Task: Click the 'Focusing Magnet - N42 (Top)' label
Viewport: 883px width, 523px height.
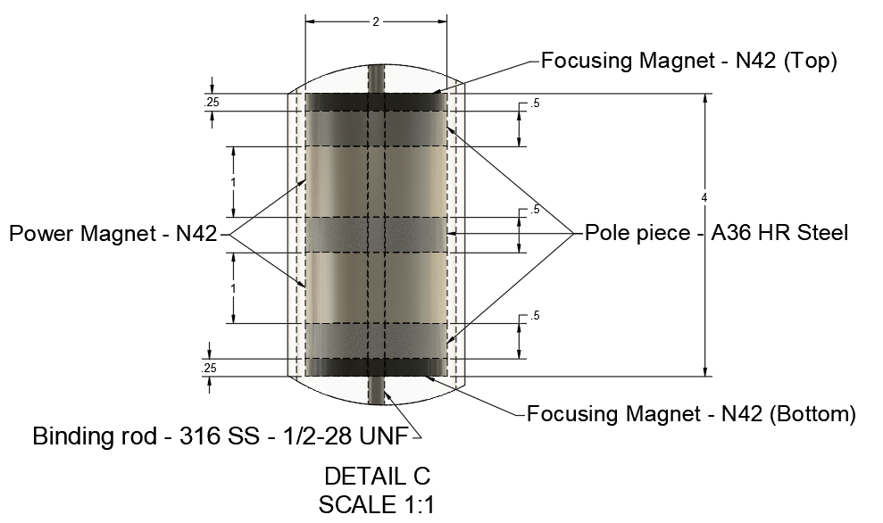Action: pyautogui.click(x=688, y=61)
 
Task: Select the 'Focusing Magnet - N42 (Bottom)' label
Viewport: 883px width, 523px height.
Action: pyautogui.click(x=691, y=414)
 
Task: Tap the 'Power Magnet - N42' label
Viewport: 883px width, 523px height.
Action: pyautogui.click(x=112, y=234)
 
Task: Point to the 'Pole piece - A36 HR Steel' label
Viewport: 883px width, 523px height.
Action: pyautogui.click(x=716, y=234)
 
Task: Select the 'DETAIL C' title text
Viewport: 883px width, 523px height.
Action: pyautogui.click(x=376, y=476)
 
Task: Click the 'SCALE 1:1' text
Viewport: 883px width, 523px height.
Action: pyautogui.click(x=376, y=504)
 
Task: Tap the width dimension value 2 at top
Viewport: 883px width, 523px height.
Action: pyautogui.click(x=376, y=22)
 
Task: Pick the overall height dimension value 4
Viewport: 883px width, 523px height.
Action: pyautogui.click(x=704, y=197)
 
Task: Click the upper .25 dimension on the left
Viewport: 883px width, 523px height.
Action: pyautogui.click(x=212, y=103)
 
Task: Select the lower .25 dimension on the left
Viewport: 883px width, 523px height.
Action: pyautogui.click(x=212, y=368)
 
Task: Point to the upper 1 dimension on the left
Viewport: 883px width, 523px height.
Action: pyautogui.click(x=234, y=181)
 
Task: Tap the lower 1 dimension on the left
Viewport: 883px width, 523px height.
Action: pyautogui.click(x=234, y=288)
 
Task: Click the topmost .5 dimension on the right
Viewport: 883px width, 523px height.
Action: pyautogui.click(x=535, y=104)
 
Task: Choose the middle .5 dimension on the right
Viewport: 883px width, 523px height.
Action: pyautogui.click(x=535, y=211)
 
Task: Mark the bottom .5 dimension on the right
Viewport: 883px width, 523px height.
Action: pyautogui.click(x=535, y=317)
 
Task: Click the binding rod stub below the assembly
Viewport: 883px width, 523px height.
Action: pyautogui.click(x=376, y=393)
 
